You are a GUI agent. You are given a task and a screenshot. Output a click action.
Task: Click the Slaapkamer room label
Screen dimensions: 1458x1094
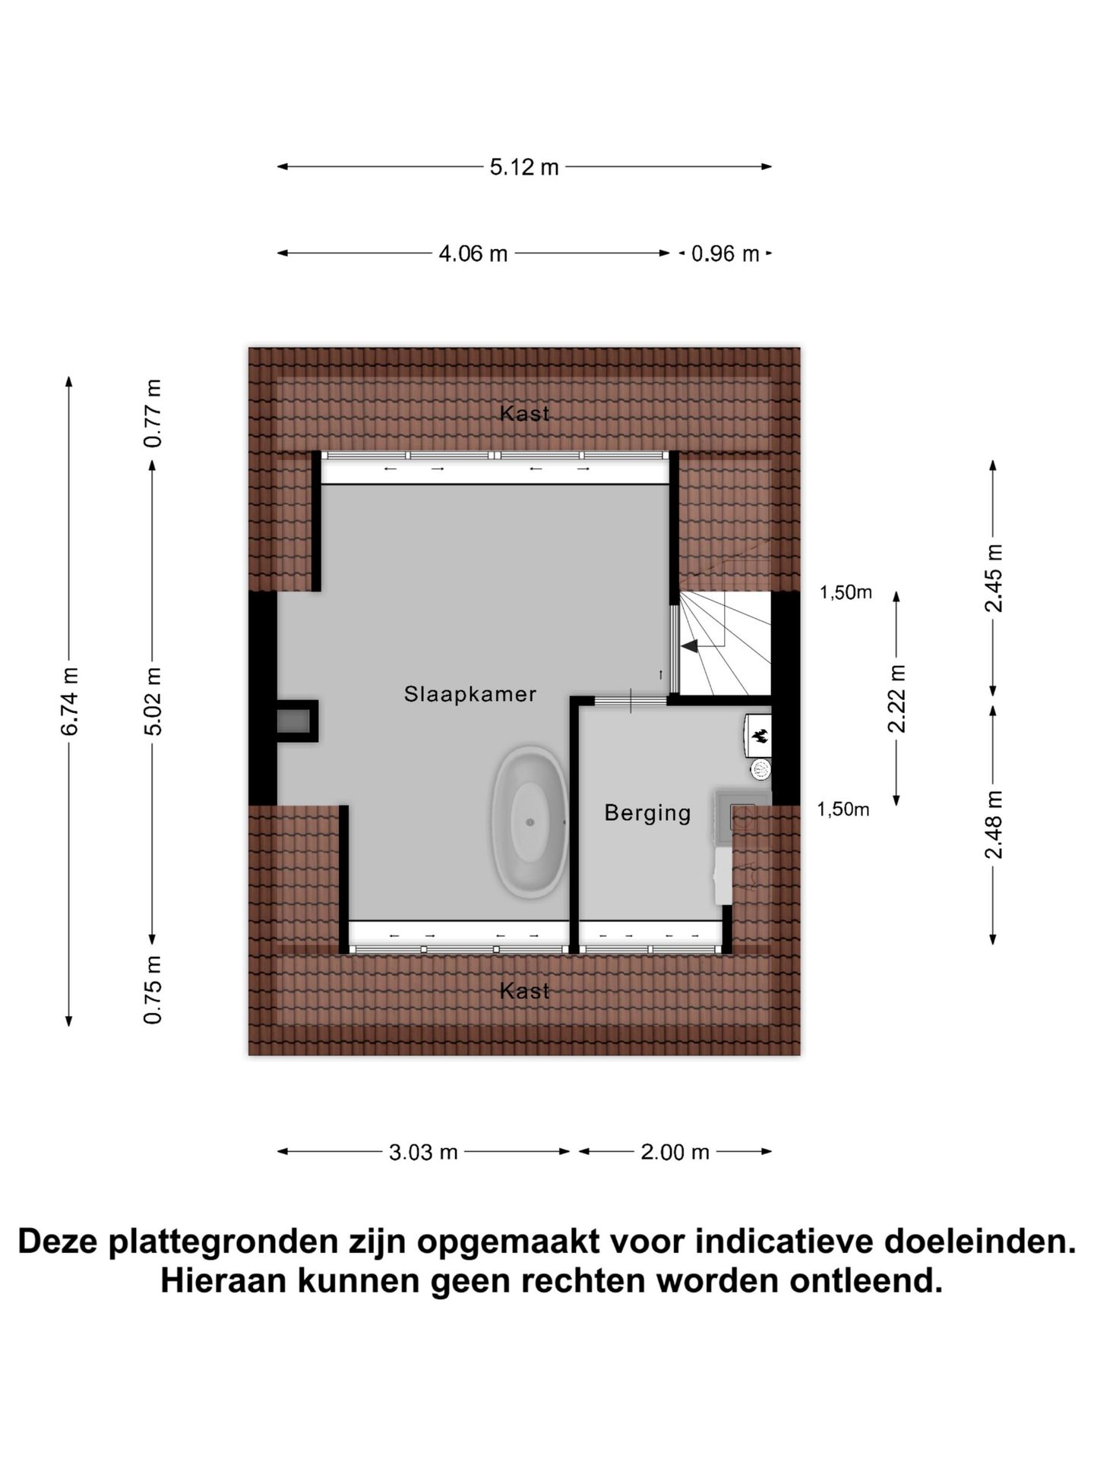(470, 694)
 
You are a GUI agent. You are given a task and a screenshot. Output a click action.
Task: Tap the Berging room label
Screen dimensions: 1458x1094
(647, 813)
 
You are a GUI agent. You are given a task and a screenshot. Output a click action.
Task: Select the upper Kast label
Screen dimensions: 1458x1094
(524, 414)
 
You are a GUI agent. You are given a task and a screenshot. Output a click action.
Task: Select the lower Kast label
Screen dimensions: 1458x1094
(524, 991)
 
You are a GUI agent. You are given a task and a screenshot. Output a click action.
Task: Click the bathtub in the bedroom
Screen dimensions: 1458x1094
(530, 822)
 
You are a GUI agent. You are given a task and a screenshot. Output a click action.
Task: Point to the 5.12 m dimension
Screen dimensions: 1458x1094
(524, 167)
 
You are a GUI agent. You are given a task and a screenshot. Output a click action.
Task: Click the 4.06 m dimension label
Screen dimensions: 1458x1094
(473, 254)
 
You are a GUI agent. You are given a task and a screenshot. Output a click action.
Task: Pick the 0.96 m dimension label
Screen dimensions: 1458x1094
(725, 254)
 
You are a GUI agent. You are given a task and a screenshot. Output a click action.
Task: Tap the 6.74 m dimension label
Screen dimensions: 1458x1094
(69, 701)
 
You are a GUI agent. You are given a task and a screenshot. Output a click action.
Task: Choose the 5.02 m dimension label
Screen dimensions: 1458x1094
(153, 701)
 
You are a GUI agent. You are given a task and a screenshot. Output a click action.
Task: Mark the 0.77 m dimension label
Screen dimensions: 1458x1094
(153, 414)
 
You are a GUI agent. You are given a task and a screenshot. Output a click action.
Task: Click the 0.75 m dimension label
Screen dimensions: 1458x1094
(153, 990)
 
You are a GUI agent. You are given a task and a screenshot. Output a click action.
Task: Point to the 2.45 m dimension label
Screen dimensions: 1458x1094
(994, 578)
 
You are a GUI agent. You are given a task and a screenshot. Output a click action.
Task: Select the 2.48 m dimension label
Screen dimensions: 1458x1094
(994, 825)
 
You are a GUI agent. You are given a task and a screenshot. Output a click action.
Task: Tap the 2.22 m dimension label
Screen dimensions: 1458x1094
(897, 699)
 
